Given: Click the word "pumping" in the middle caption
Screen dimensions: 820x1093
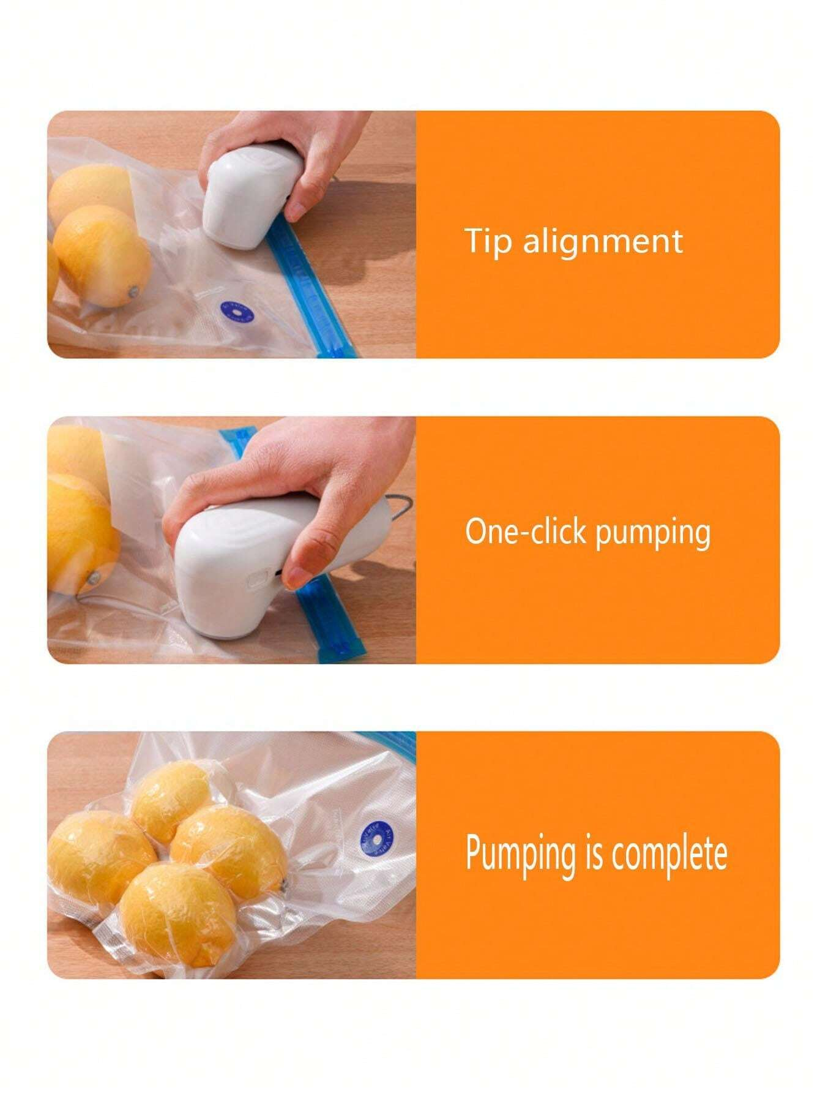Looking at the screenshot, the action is point(652,534).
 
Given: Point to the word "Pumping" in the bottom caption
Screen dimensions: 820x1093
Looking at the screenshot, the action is point(520,854).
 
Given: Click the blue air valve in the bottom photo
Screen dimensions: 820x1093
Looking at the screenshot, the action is point(376,838).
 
